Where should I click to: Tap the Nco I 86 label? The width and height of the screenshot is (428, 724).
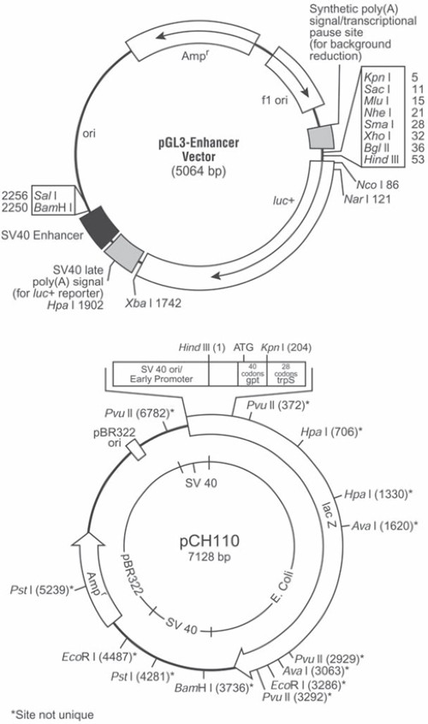pos(377,185)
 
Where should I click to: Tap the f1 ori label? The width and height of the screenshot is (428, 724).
pos(275,99)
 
